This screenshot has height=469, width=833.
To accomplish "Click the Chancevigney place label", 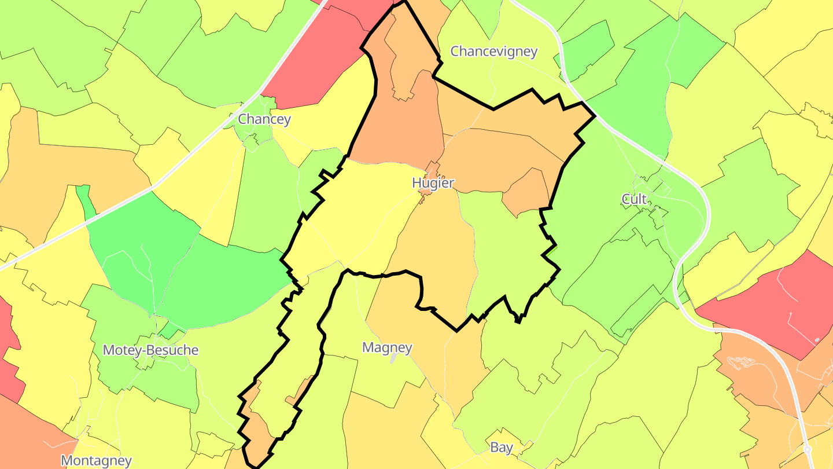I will pos(494,52).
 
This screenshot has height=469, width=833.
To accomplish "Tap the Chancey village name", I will pos(264,119).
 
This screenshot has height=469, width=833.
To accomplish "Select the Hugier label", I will pos(433,183).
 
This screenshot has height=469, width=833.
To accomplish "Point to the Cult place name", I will pos(634,199).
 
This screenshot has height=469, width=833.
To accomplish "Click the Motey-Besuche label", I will pos(150,350).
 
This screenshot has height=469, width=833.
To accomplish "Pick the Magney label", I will pos(387,347).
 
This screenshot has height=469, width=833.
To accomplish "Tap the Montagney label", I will pos(96,461).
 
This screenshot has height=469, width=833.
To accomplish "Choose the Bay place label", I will pos(502,447).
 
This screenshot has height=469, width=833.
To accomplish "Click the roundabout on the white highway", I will pos(808,449).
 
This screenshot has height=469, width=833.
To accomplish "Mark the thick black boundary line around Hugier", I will pos(493,108).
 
